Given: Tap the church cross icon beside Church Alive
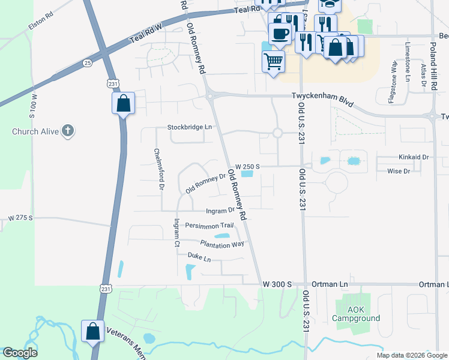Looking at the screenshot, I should pos(68,130).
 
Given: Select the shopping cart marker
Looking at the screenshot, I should pos(273,61).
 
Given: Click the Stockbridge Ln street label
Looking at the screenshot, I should pos(190,127).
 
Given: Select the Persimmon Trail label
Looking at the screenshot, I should pos(209,226).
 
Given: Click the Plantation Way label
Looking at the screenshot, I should pos(222,244).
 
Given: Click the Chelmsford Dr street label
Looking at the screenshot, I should pos(158,169).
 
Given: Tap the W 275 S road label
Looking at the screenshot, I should pos(19,217).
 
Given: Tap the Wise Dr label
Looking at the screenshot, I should pos(399,172).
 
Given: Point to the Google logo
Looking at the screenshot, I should pos(20,353).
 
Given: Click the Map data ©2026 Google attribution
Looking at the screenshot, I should pos(411,355).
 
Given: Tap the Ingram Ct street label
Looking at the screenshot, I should pos(176,232).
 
